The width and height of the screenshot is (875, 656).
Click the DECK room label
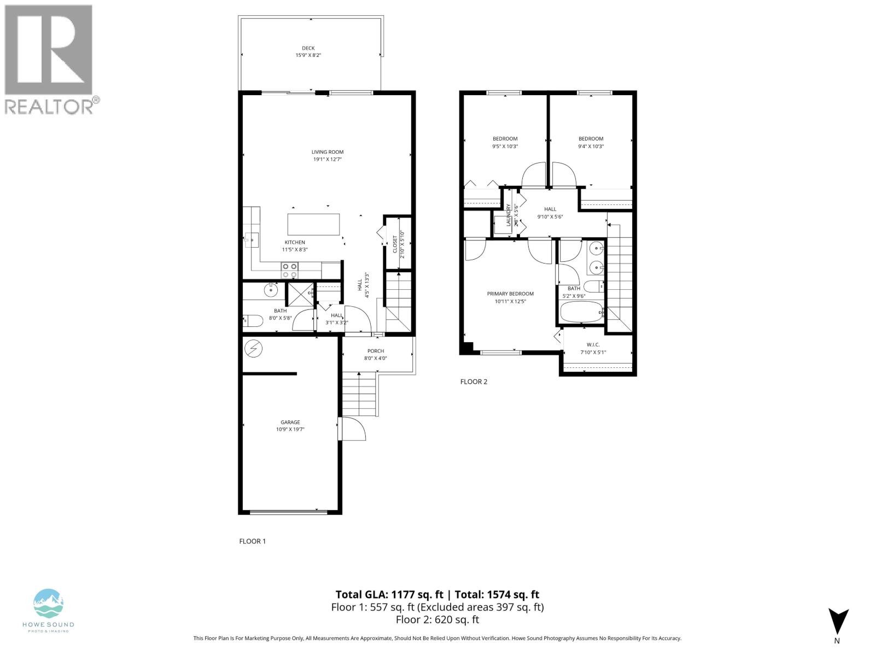[x=308, y=48]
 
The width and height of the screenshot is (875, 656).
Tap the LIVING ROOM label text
[x=328, y=152]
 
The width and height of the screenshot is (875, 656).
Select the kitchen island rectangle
[x=313, y=225]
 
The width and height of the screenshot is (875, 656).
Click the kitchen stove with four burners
[x=290, y=270]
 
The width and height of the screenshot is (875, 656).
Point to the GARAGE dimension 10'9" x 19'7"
[x=290, y=430]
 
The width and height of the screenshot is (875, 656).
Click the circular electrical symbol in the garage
[x=254, y=348]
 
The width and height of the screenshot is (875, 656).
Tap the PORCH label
[x=376, y=351]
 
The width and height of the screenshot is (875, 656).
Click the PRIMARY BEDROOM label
[x=510, y=294]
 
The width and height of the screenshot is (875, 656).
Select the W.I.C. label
[x=593, y=344]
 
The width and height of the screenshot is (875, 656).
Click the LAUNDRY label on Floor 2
[x=509, y=215]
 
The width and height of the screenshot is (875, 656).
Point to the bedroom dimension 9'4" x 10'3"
[x=591, y=146]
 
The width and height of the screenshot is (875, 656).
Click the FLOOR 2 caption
[x=474, y=382]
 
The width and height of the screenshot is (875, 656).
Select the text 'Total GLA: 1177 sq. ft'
[x=388, y=595]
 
